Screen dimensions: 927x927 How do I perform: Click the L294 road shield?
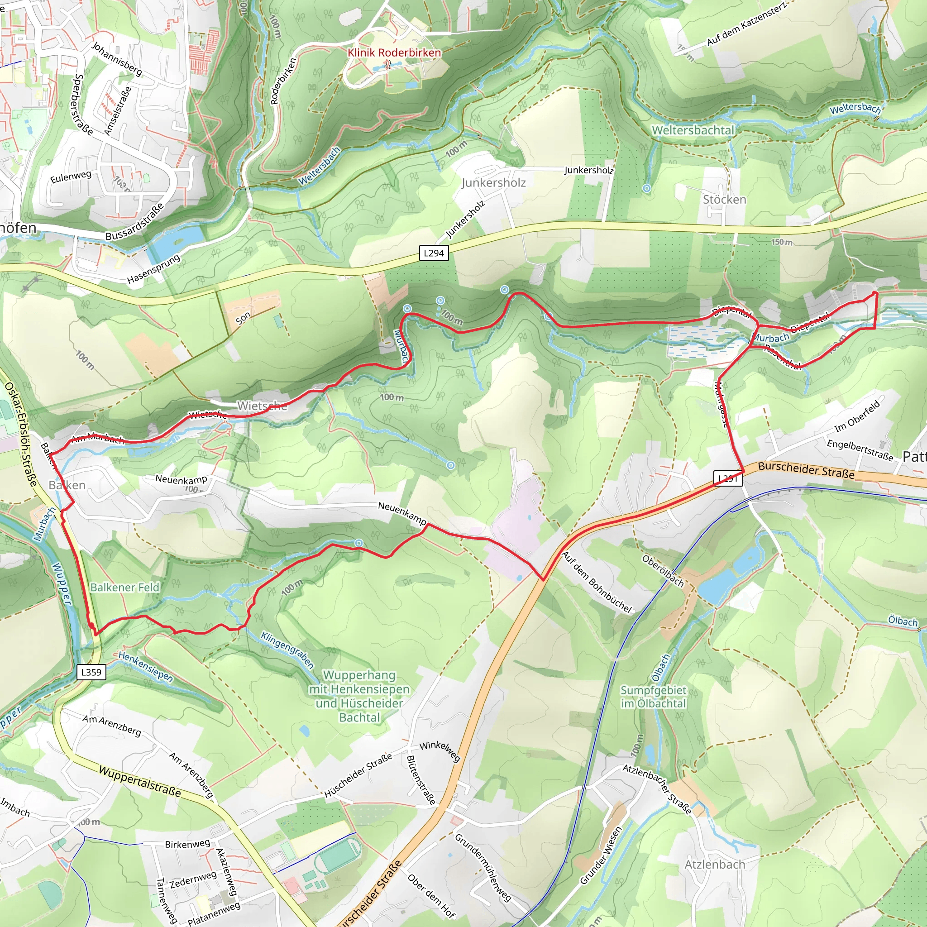[x=433, y=253]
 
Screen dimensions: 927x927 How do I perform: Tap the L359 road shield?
[x=91, y=672]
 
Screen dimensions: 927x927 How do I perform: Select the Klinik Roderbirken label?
[x=394, y=53]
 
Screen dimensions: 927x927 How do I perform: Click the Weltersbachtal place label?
[x=693, y=130]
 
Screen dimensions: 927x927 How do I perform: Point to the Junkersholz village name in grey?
[x=493, y=183]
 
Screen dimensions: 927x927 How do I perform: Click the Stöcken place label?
[x=724, y=200]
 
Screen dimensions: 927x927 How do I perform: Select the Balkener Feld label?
[x=125, y=587]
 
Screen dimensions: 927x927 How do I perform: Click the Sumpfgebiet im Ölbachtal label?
[x=653, y=697]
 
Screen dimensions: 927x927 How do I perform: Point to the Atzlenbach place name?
[x=714, y=864]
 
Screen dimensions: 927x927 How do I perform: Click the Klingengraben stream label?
[x=287, y=650]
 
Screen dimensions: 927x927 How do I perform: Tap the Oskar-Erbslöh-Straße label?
[x=21, y=434]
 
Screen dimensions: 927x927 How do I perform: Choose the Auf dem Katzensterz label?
[x=745, y=24]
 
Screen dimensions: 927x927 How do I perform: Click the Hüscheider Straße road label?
[x=358, y=775]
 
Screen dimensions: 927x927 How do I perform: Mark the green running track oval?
[x=338, y=857]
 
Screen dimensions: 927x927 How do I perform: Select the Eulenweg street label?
[x=71, y=177]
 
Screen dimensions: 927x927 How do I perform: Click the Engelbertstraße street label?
[x=860, y=450]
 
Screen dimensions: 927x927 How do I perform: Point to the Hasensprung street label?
[x=153, y=268]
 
